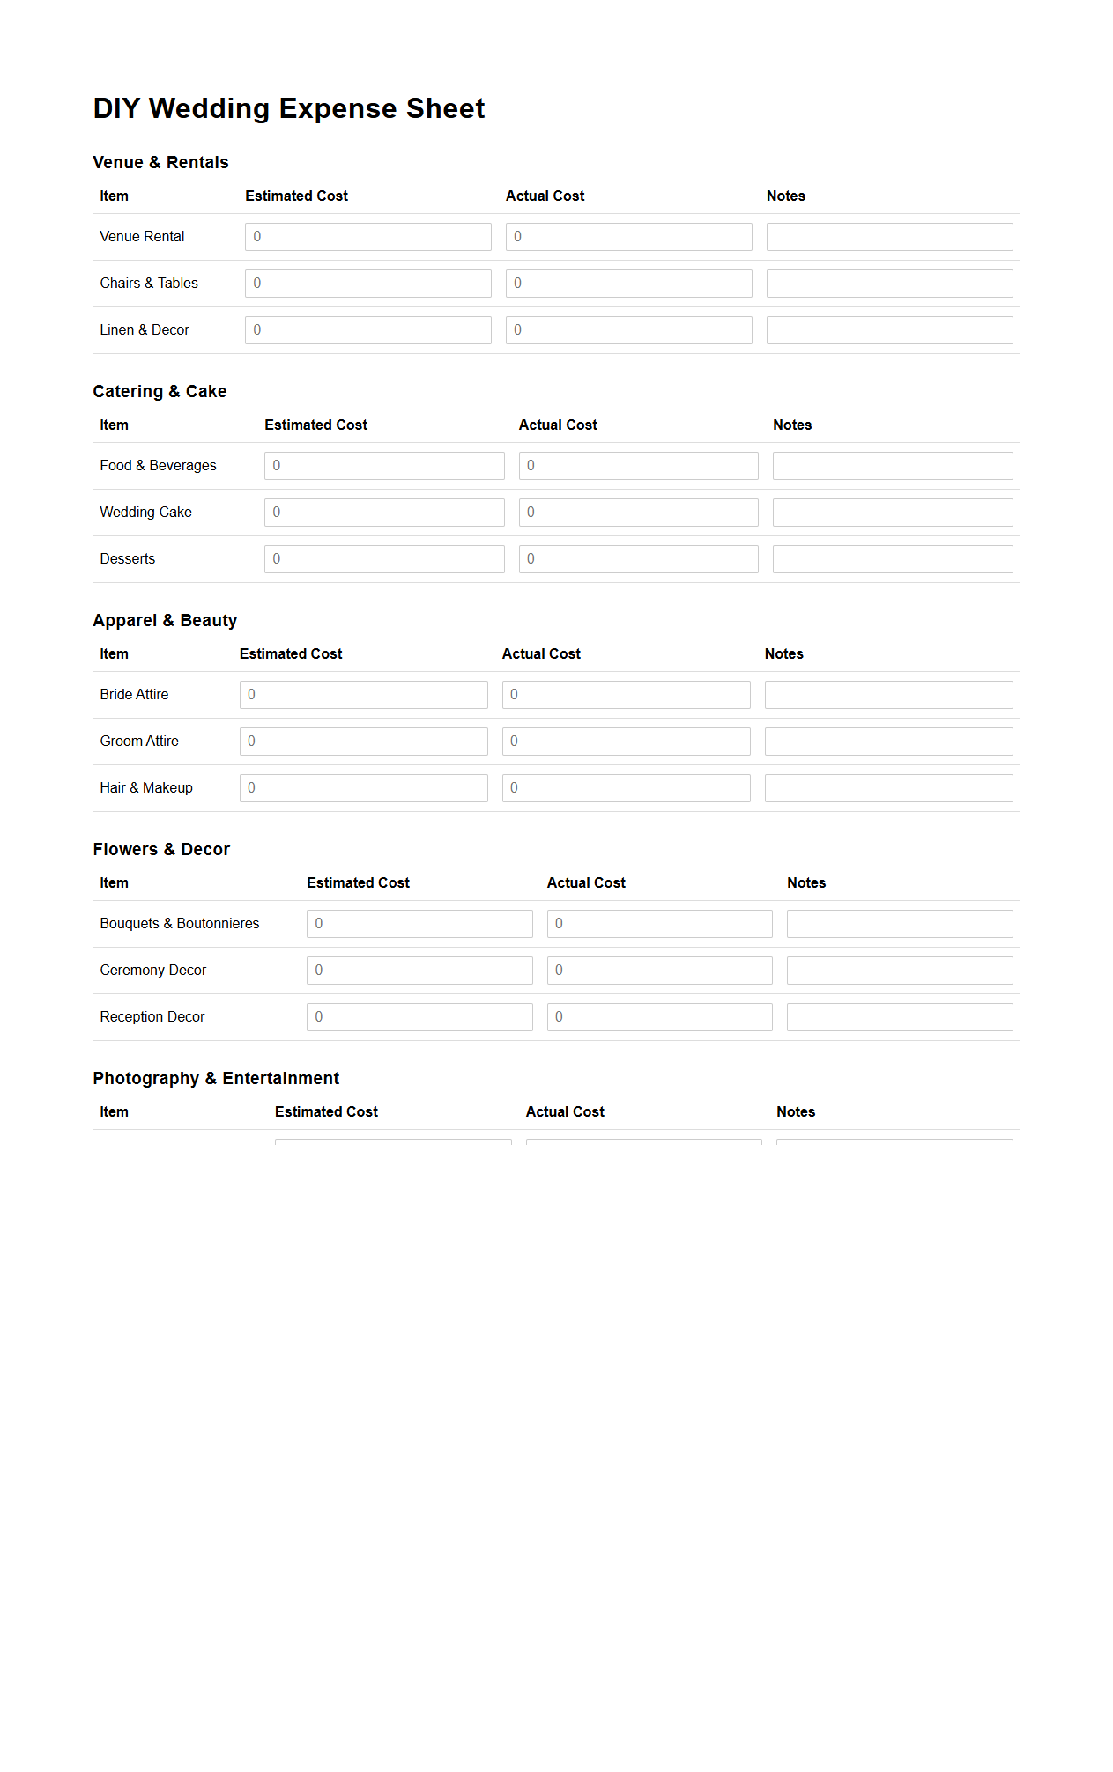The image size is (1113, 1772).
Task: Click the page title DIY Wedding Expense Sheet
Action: (x=289, y=108)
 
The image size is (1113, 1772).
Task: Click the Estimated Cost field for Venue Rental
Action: (x=367, y=237)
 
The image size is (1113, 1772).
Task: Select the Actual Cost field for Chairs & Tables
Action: (x=628, y=284)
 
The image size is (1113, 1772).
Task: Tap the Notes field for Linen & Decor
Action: (x=889, y=330)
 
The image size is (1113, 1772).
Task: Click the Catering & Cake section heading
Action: (x=160, y=392)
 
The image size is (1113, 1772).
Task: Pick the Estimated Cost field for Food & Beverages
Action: (x=384, y=466)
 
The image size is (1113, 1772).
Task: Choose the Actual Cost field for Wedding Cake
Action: (x=638, y=513)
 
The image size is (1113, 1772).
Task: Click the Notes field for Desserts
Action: (x=893, y=559)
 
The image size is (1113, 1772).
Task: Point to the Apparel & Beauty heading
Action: (x=165, y=621)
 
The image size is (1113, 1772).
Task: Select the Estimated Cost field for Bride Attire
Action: (x=363, y=695)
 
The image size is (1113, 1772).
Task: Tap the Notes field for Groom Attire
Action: (x=888, y=742)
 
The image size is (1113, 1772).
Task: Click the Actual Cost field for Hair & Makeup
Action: (x=626, y=788)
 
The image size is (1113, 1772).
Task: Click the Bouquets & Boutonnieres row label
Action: (x=180, y=924)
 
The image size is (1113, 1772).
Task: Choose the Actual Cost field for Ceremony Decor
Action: (x=659, y=971)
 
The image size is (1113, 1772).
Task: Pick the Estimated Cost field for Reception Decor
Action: (x=419, y=1017)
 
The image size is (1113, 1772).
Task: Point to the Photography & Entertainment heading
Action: (x=216, y=1079)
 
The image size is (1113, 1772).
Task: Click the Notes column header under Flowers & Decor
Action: (x=806, y=883)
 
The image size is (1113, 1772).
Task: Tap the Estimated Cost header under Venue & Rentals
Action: (x=296, y=196)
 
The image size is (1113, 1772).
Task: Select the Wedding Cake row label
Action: (x=145, y=513)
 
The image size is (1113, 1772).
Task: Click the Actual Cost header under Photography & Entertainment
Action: (x=565, y=1112)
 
